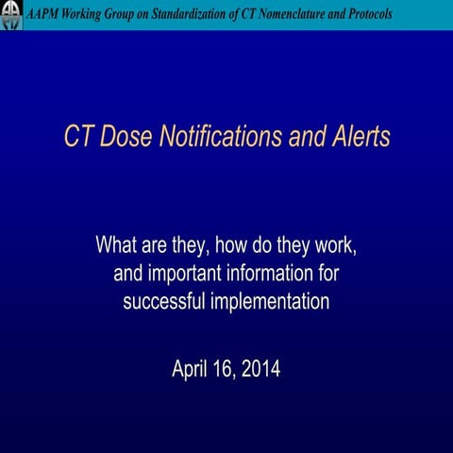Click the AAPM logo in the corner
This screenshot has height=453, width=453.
click(x=10, y=14)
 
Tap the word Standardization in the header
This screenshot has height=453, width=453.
click(x=190, y=13)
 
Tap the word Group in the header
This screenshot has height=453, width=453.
click(x=134, y=13)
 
